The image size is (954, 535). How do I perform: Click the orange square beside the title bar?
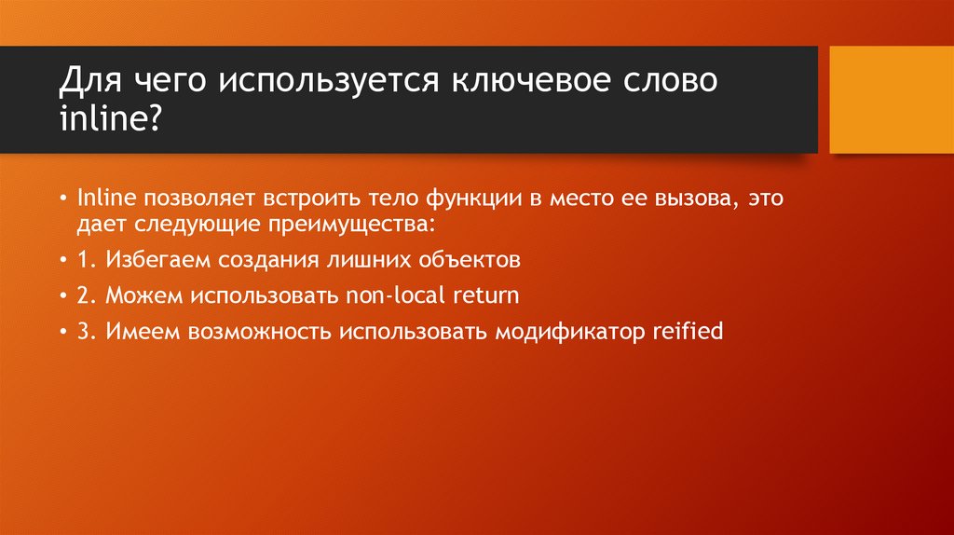tap(891, 99)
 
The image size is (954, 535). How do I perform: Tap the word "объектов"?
tap(462, 260)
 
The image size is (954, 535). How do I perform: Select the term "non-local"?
tap(385, 295)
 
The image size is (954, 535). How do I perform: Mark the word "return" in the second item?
tap(485, 295)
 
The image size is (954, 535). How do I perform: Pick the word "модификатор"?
tap(565, 332)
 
